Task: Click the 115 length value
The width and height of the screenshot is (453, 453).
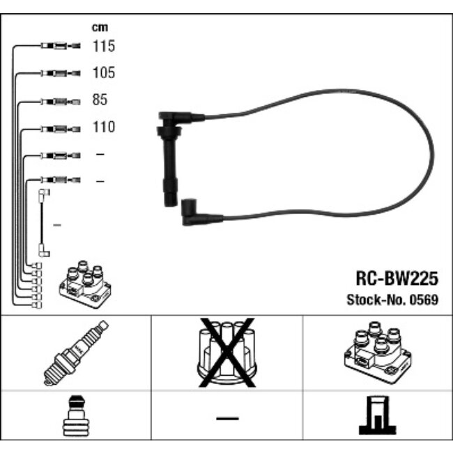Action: pyautogui.click(x=104, y=46)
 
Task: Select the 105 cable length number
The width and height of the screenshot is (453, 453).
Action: pyautogui.click(x=104, y=72)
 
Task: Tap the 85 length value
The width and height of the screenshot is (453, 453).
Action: pyautogui.click(x=100, y=100)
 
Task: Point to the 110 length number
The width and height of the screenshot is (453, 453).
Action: pyautogui.click(x=104, y=127)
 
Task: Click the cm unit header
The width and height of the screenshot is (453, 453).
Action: pyautogui.click(x=100, y=27)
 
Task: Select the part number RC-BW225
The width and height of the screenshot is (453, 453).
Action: pyautogui.click(x=397, y=279)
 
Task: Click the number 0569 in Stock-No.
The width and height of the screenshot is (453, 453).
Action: pyautogui.click(x=424, y=300)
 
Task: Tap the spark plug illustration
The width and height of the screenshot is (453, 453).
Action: pyautogui.click(x=76, y=353)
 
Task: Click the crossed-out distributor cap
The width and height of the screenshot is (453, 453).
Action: pyautogui.click(x=227, y=353)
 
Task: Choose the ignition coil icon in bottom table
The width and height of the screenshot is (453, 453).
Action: pyautogui.click(x=378, y=353)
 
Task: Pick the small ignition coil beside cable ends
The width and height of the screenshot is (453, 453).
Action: pyautogui.click(x=85, y=284)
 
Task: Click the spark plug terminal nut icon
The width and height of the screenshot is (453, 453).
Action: pyautogui.click(x=76, y=416)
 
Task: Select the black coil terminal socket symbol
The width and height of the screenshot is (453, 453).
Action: pyautogui.click(x=377, y=415)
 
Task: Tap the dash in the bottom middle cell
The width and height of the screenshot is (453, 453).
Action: pyautogui.click(x=227, y=418)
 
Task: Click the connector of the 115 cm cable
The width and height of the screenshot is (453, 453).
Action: pyautogui.click(x=61, y=45)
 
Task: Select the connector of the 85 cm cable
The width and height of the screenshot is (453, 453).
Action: pyautogui.click(x=61, y=102)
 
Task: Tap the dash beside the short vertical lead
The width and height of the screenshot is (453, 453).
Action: pyautogui.click(x=57, y=225)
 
